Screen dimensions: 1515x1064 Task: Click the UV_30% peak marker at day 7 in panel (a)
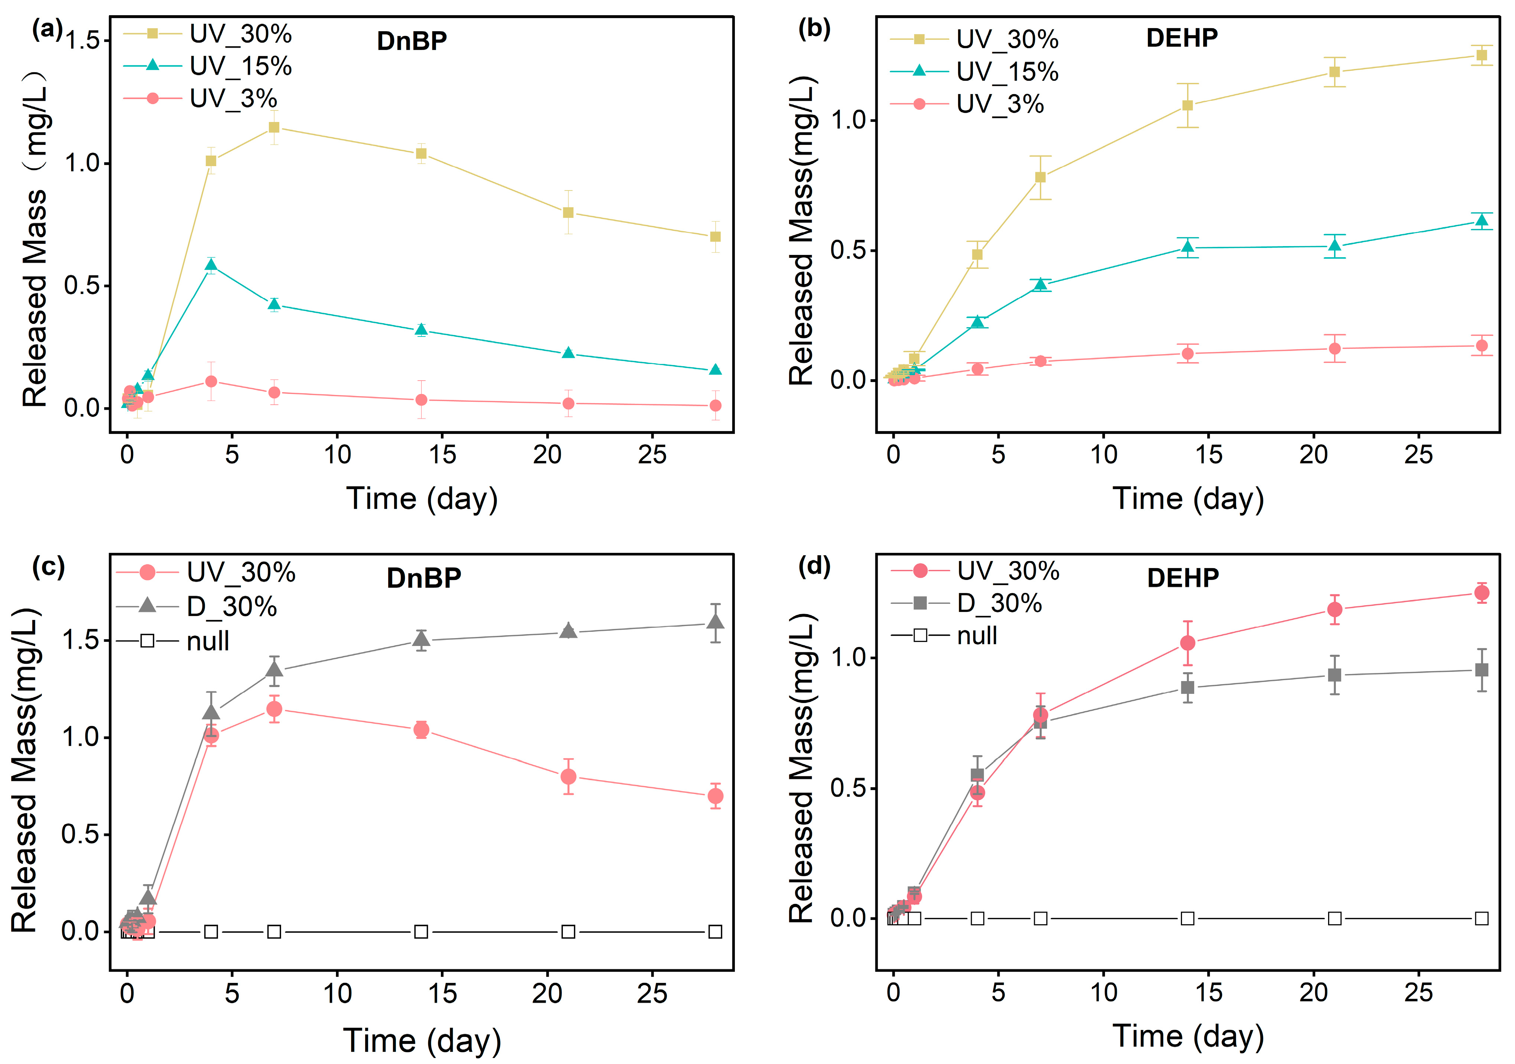[x=274, y=127]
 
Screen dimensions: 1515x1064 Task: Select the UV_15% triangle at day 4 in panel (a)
[x=211, y=266]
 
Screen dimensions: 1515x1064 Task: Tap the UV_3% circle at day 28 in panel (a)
[x=715, y=406]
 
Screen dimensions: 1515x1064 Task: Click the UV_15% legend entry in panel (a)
[x=208, y=66]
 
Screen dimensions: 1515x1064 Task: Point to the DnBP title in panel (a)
[x=412, y=41]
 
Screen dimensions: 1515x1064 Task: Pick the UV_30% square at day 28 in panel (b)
[x=1481, y=56]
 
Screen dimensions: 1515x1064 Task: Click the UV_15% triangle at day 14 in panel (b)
[x=1188, y=247]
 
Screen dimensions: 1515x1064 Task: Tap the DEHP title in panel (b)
[x=1182, y=37]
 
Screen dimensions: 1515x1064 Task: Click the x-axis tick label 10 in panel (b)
[x=1103, y=454]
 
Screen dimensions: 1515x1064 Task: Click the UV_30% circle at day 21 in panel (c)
[x=568, y=777]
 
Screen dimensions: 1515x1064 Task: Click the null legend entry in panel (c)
[x=173, y=640]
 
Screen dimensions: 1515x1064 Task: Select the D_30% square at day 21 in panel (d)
[x=1334, y=675]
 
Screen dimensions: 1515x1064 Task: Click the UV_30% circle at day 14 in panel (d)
[x=1188, y=643]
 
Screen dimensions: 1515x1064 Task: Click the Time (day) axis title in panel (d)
[x=1188, y=1035]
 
